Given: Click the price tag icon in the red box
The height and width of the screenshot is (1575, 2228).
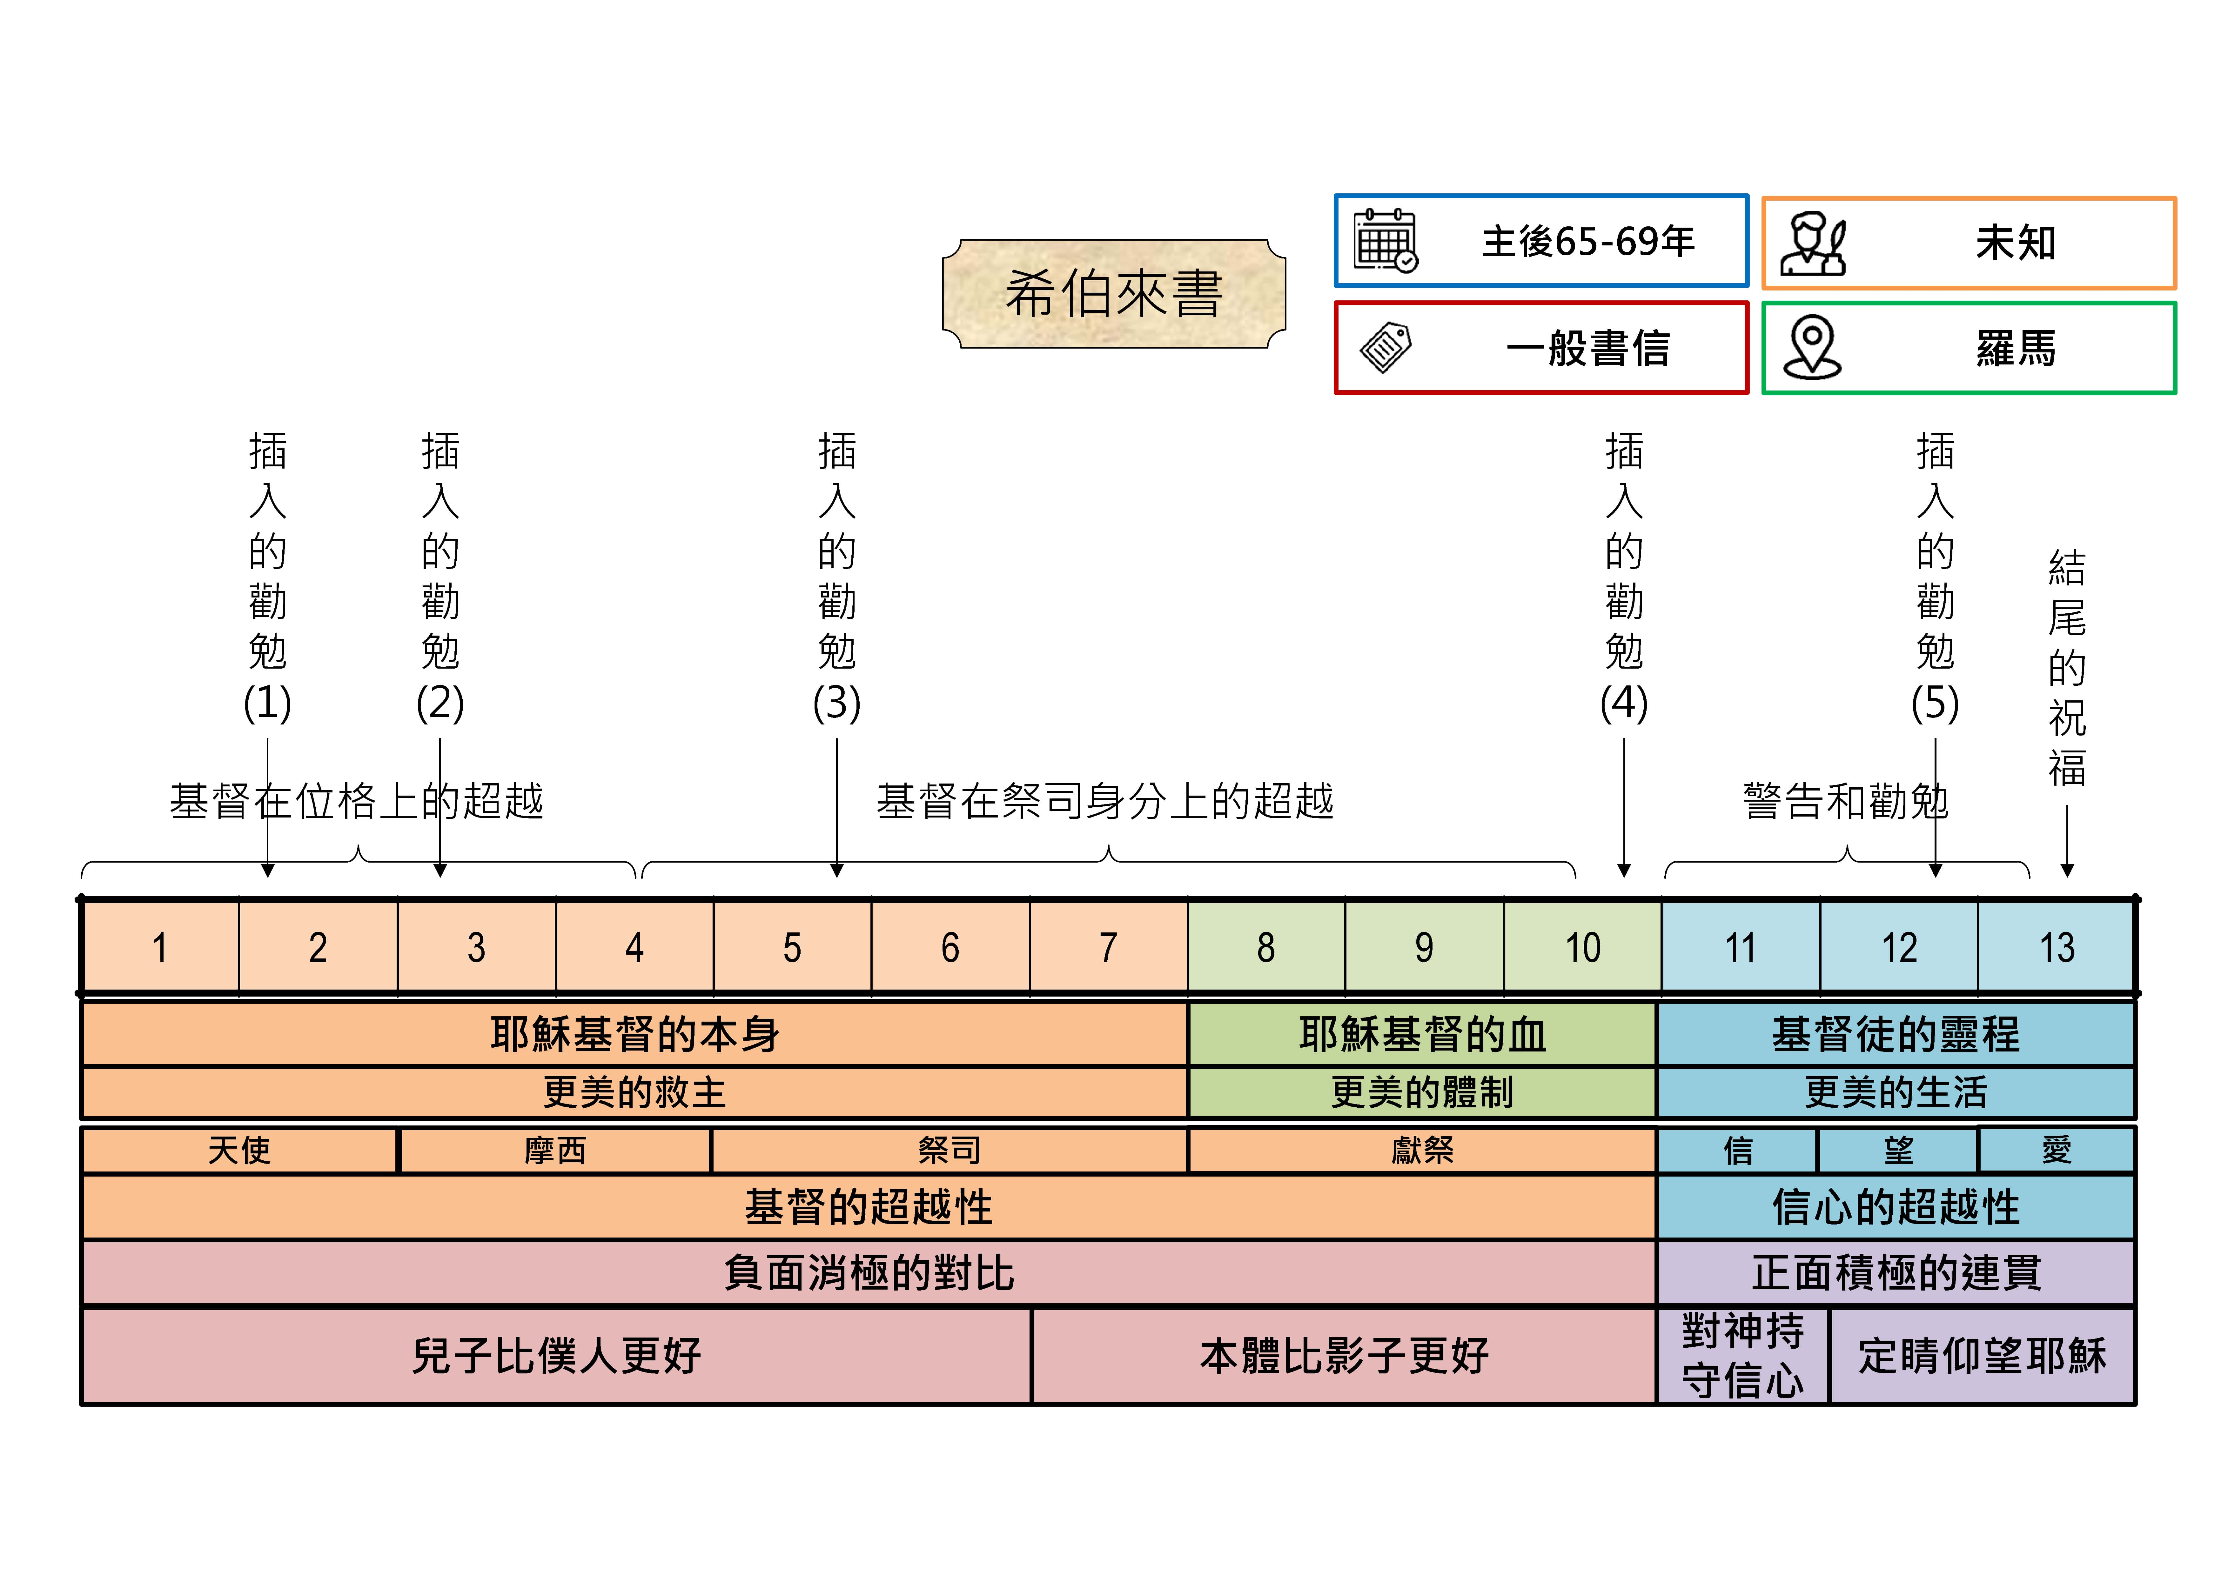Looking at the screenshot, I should (1386, 347).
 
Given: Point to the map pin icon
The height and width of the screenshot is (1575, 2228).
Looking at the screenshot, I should (1812, 347).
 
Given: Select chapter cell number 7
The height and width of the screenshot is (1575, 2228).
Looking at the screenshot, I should (1108, 947).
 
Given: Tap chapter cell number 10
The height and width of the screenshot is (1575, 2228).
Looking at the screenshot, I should (1582, 947).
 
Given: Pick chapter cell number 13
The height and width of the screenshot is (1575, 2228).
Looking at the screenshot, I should (2056, 947).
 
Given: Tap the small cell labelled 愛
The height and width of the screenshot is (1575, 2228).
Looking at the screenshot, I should (2056, 1150).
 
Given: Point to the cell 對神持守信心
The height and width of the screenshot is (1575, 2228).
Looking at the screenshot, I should (1743, 1356).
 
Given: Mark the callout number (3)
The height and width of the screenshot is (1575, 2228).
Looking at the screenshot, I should (836, 703).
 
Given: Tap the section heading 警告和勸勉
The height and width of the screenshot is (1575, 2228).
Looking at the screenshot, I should (1846, 802).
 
